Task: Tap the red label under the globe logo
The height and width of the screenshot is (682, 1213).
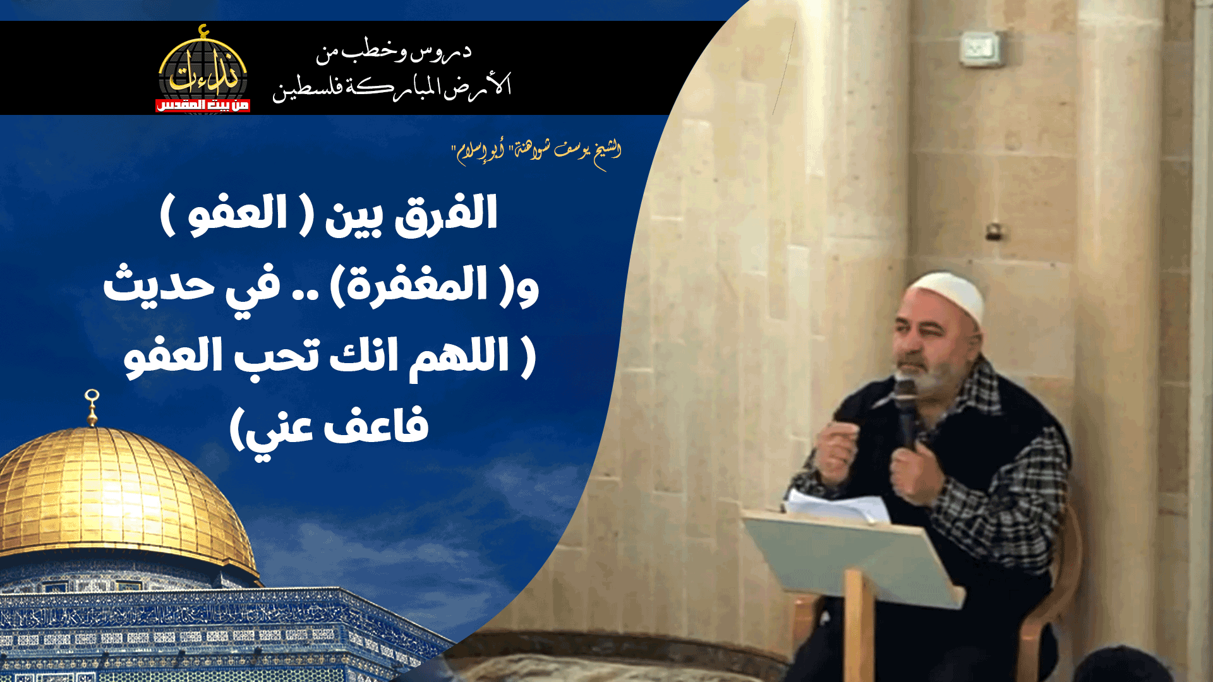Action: tap(202, 105)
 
